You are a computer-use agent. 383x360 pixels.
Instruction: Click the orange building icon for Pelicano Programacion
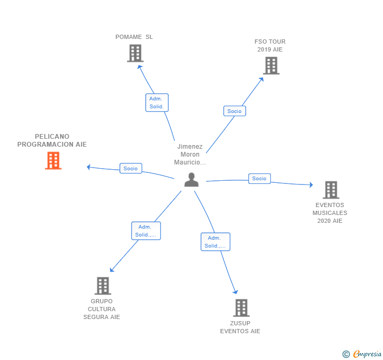coord(53,161)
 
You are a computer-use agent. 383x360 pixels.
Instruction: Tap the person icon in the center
coord(191,180)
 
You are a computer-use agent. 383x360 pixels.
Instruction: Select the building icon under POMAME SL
coord(135,53)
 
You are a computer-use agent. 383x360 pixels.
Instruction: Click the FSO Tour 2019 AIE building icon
coord(271,66)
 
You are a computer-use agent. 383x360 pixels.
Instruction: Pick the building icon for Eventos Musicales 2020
coord(330,190)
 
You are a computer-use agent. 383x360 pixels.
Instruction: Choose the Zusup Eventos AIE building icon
coord(241,308)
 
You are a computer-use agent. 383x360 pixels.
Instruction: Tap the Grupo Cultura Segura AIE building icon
coord(103,286)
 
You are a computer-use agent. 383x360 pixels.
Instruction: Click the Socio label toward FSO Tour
coord(235,111)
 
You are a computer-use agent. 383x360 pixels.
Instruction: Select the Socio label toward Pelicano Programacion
coord(130,169)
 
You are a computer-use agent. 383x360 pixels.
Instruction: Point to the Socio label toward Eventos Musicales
coord(259,179)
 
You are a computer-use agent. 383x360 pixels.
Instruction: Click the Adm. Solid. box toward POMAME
coord(157,102)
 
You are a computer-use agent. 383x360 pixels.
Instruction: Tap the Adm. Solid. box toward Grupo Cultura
coord(146,231)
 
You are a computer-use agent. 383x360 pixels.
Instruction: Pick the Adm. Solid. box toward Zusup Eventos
coord(215,242)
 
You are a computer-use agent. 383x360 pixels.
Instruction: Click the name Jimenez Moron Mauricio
coord(190,155)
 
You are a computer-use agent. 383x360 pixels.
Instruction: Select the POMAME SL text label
coord(134,37)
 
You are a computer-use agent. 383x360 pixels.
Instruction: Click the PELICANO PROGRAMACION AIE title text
coord(52,140)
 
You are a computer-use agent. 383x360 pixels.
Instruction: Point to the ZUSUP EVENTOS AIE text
coord(240,327)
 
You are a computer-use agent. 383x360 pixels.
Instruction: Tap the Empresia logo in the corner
coord(362,354)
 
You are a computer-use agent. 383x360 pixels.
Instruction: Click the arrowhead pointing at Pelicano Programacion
coord(89,167)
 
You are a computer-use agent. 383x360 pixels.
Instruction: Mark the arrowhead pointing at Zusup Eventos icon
coord(236,292)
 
